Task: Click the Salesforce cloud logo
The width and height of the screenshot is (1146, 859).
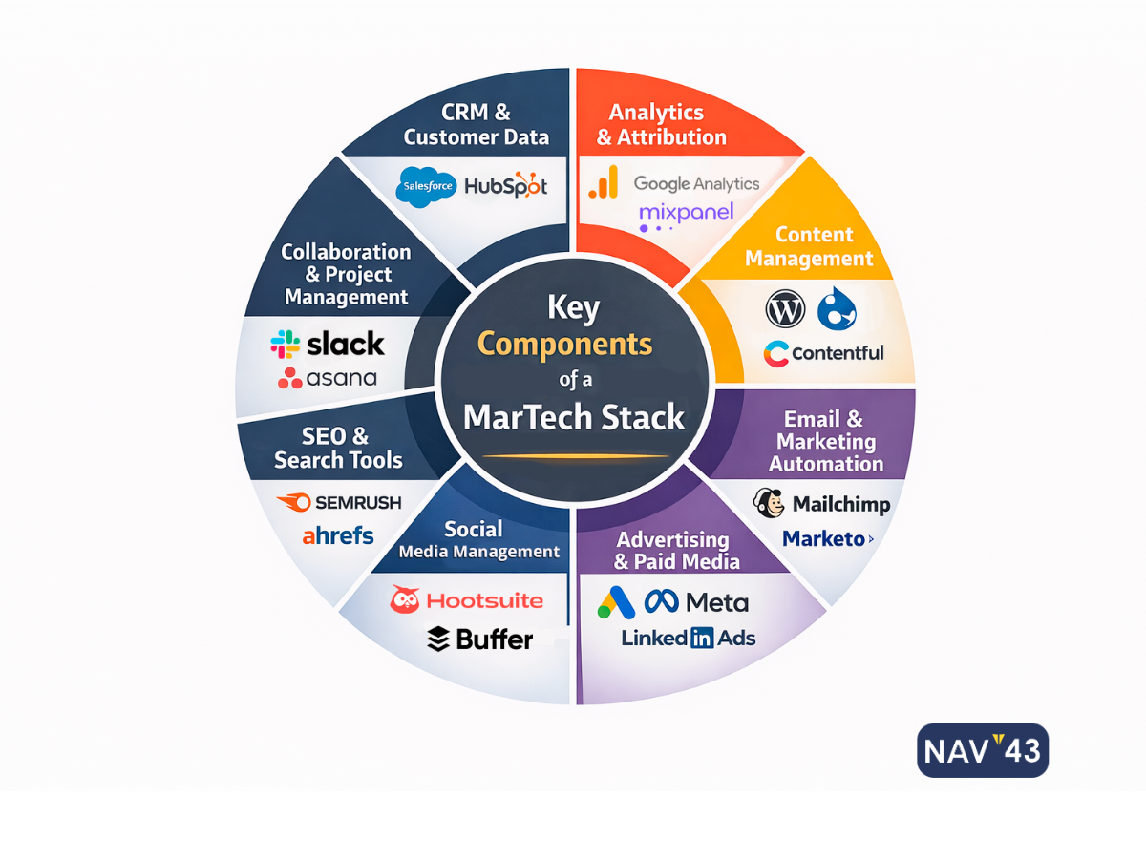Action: click(426, 185)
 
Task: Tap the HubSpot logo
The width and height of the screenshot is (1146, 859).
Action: click(506, 185)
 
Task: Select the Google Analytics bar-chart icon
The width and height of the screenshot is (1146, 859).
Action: click(604, 182)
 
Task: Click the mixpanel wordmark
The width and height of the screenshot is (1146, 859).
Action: click(686, 212)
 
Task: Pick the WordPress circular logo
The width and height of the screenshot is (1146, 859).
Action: click(785, 309)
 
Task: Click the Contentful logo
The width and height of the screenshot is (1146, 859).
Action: click(823, 353)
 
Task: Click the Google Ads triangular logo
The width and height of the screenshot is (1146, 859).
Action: click(616, 601)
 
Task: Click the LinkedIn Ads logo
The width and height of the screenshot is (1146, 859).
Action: click(688, 638)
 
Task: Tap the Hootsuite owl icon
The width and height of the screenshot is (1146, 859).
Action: click(405, 599)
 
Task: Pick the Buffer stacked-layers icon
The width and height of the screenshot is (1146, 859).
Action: click(438, 639)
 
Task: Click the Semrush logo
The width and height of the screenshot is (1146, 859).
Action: click(339, 502)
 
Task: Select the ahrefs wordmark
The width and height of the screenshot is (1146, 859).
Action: click(338, 535)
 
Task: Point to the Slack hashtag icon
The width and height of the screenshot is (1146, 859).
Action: click(285, 344)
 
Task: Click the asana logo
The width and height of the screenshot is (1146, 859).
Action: click(328, 378)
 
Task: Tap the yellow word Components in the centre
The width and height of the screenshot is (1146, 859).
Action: click(565, 344)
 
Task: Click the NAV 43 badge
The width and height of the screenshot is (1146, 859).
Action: click(983, 749)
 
